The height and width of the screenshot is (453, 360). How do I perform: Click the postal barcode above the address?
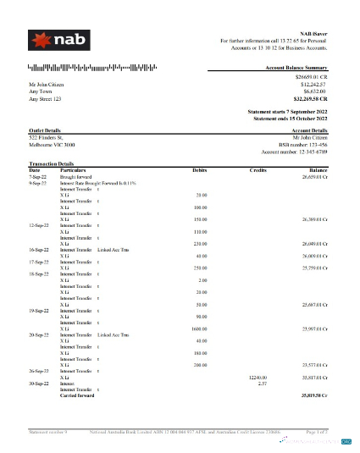tap(84, 66)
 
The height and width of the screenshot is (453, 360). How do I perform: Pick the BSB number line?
tap(297, 145)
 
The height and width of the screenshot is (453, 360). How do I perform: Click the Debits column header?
tap(200, 171)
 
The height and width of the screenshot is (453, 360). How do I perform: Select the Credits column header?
tap(258, 171)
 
